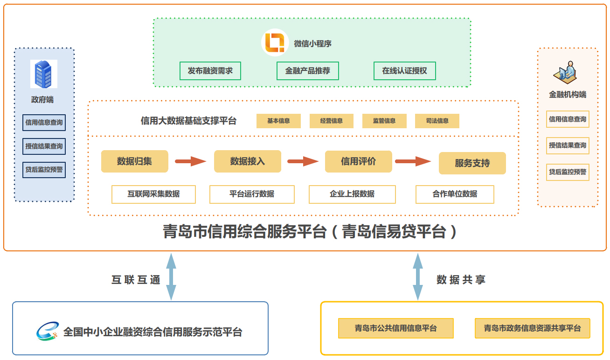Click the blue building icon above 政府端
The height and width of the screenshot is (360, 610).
coord(43,74)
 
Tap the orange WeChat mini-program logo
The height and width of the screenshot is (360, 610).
coord(275,43)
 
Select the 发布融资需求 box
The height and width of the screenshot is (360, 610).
coord(210,71)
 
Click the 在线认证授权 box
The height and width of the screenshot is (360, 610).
coord(404,71)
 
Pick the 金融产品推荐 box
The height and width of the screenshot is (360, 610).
coord(307,71)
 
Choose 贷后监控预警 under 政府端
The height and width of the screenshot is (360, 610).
coord(44,170)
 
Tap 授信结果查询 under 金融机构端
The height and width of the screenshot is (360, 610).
coord(568,145)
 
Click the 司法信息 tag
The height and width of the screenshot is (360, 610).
coord(437,121)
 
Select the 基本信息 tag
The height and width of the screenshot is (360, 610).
coord(278,121)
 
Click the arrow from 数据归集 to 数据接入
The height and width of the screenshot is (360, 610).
coord(190,161)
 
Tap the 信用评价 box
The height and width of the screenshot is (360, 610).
coord(358,161)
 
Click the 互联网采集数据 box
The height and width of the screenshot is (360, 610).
coord(153,194)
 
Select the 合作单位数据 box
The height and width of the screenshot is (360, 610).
coord(455,194)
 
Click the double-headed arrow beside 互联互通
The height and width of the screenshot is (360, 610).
coord(171,277)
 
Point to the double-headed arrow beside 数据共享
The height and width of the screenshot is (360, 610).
coord(418,277)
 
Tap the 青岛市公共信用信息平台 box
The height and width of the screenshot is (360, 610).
coord(395,328)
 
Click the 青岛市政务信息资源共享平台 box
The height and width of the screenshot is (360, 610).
coord(532,328)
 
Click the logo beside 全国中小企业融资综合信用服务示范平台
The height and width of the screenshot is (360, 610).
coord(48,332)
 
